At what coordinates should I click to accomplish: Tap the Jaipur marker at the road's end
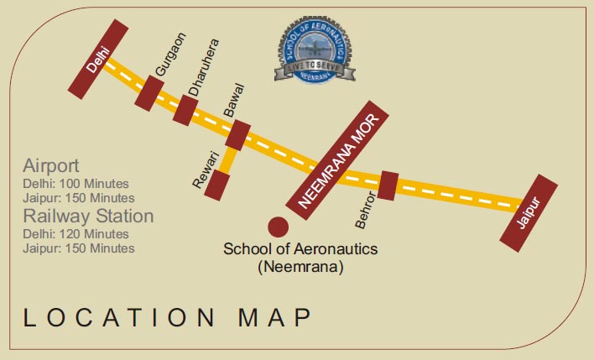(529, 213)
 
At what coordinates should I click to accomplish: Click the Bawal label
(234, 100)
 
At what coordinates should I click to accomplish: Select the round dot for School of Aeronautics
(278, 227)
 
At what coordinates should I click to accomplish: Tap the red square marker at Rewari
(220, 185)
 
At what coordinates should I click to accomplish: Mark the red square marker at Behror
(387, 185)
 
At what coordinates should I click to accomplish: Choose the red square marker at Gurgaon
(150, 91)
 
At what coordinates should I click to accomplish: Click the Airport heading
(51, 164)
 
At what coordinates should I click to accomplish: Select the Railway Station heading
(88, 217)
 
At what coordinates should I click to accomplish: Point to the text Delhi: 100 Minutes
(75, 182)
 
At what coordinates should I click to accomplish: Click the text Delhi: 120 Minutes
(75, 234)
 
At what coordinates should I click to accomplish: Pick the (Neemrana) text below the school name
(300, 267)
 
